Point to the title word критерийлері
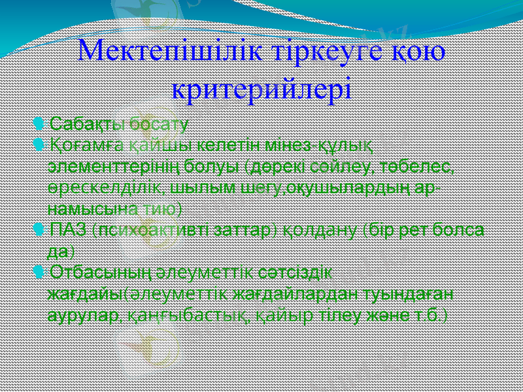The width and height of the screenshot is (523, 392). [261, 87]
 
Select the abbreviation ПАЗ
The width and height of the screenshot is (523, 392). [69, 230]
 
